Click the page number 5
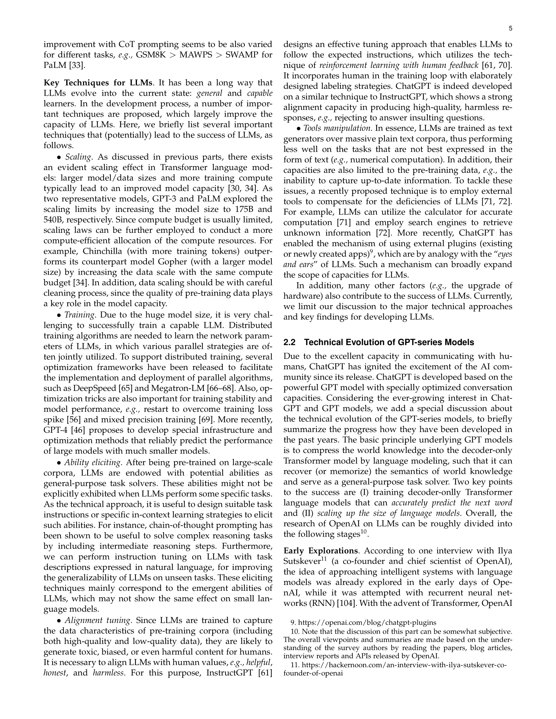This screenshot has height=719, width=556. (x=510, y=29)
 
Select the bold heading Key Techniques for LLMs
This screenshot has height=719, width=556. (x=98, y=83)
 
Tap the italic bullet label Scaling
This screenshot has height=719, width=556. (x=78, y=157)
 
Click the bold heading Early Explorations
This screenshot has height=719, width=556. (x=321, y=551)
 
